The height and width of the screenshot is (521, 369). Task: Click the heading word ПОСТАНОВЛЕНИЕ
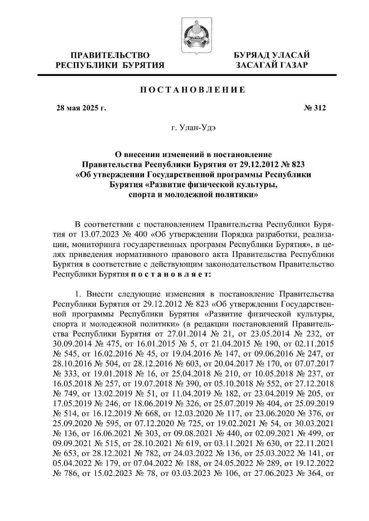[192, 90]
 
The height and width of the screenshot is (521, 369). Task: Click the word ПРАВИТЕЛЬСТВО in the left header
[110, 56]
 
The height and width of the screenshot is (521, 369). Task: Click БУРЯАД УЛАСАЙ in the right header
[272, 56]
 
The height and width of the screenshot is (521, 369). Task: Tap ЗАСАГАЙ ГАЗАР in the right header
[272, 65]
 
